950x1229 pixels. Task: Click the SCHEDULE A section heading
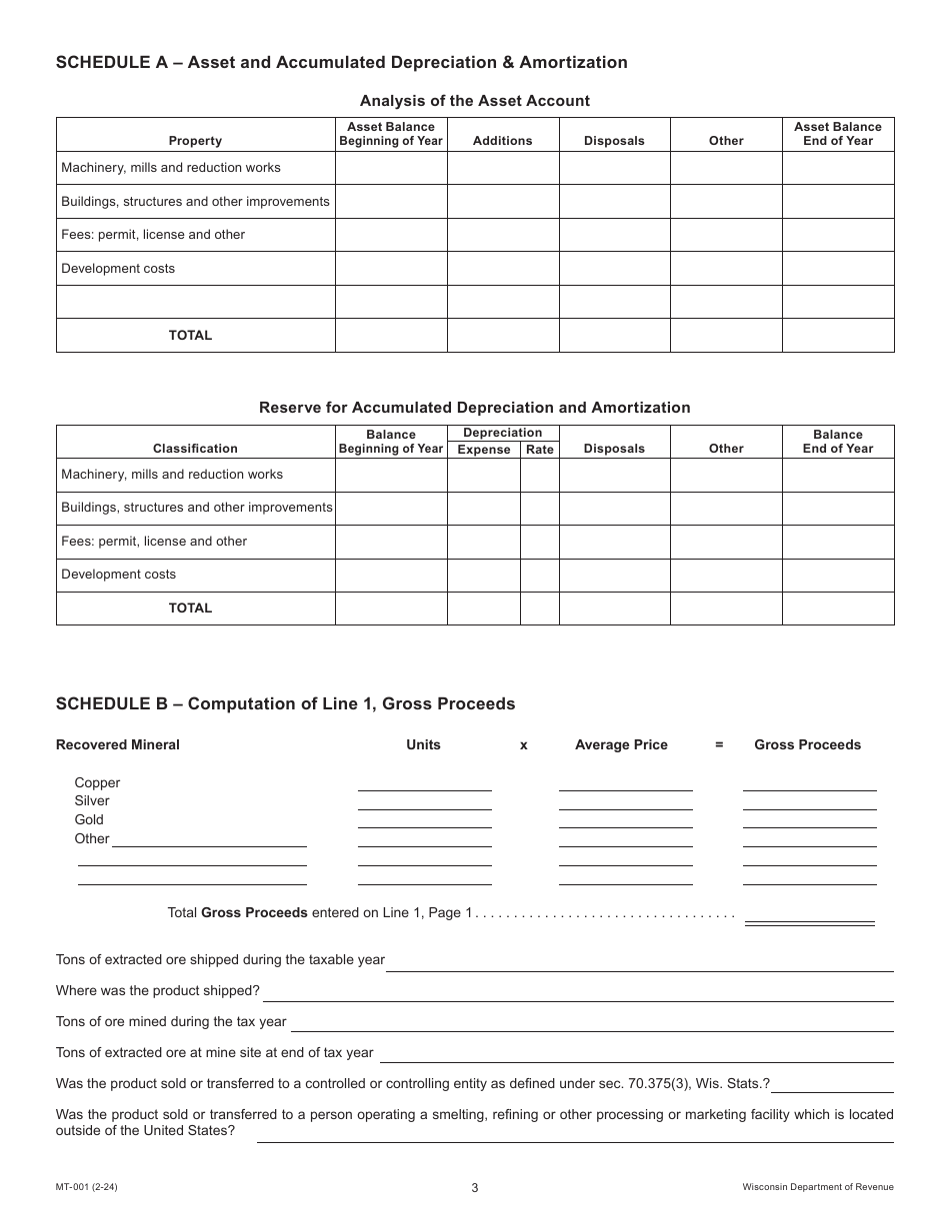point(342,63)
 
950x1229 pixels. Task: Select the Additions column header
point(502,141)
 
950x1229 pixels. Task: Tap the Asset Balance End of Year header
point(837,134)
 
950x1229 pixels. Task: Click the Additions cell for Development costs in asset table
point(502,269)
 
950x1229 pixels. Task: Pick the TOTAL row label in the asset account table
point(190,336)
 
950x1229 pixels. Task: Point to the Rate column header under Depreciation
point(539,450)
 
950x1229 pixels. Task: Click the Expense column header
point(484,450)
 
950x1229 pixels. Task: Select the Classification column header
point(195,449)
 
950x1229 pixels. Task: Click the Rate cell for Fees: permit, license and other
point(539,542)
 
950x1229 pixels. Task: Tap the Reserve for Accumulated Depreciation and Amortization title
point(474,408)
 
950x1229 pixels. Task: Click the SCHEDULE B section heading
point(285,704)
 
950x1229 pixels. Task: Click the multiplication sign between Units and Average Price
point(523,745)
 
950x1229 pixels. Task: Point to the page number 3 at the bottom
point(475,1188)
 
